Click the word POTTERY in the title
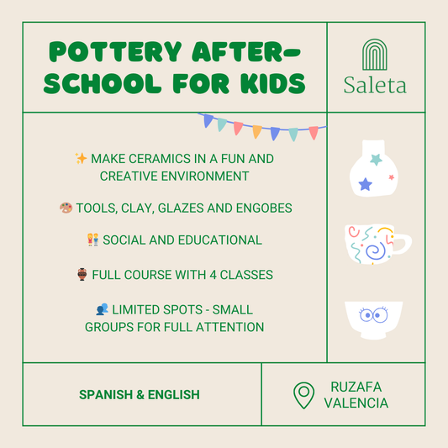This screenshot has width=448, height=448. tap(115, 52)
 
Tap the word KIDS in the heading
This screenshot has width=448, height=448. tap(273, 83)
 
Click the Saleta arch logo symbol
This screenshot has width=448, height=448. tap(375, 55)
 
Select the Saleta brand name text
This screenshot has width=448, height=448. tap(375, 85)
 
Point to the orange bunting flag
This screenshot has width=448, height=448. tap(257, 131)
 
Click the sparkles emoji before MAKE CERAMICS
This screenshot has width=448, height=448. tap(81, 158)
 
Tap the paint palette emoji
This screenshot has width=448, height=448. tap(66, 208)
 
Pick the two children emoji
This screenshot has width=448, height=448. tap(93, 240)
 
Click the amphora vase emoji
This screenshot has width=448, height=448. tap(82, 274)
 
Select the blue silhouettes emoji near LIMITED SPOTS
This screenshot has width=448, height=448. tap(102, 309)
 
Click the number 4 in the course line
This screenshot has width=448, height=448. tap(213, 275)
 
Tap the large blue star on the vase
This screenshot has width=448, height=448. tap(366, 184)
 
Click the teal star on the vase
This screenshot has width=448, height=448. tap(377, 160)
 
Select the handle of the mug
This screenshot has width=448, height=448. tap(402, 244)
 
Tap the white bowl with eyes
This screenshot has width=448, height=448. tap(374, 320)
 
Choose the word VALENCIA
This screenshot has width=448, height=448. tap(356, 403)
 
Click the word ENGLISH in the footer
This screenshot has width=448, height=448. tap(174, 394)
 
